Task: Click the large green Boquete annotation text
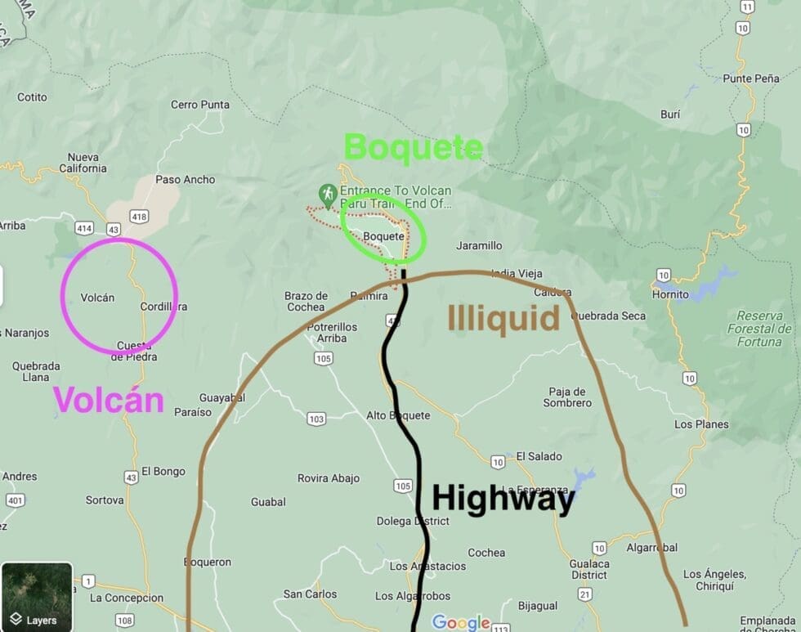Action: (x=413, y=148)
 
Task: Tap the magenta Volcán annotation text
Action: (x=108, y=400)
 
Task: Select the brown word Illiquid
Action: (x=503, y=319)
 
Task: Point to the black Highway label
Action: (x=503, y=498)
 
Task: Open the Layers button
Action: (x=37, y=597)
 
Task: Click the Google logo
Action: (x=460, y=623)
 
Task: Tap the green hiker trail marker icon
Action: (x=328, y=195)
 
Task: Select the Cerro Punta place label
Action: (x=200, y=105)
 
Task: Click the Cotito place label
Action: (x=32, y=97)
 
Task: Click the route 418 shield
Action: (x=139, y=217)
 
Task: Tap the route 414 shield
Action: (x=83, y=229)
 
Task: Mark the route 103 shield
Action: (x=316, y=419)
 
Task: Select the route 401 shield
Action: (x=15, y=500)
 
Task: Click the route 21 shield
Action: (x=585, y=594)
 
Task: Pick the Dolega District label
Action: (x=412, y=521)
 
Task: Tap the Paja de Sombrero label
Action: (x=567, y=397)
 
